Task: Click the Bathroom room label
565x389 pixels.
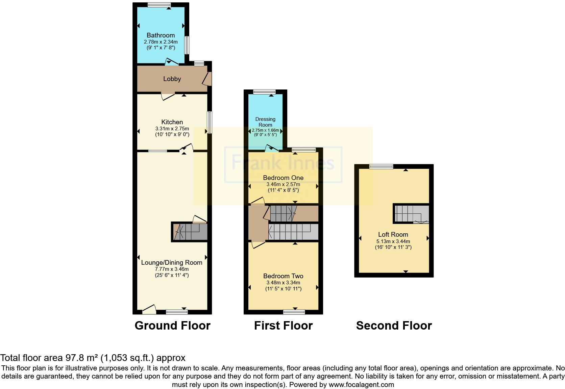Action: pos(161,35)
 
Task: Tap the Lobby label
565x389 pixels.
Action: pos(172,79)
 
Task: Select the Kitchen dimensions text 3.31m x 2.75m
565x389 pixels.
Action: pos(172,128)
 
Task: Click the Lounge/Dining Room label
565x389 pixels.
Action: pos(172,262)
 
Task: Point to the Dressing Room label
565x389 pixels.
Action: pos(265,122)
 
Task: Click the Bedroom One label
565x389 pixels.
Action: pos(283,178)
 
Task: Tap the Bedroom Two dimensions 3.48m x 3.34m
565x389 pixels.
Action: pos(283,283)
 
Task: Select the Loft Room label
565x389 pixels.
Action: pos(393,234)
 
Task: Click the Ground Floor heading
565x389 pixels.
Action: pos(172,326)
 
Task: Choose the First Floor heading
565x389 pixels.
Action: pos(283,326)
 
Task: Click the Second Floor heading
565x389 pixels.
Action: pos(394,326)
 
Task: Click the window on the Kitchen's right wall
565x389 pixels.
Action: pos(210,123)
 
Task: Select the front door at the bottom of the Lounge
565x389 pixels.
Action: pos(149,309)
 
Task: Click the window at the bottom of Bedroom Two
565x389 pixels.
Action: pos(294,312)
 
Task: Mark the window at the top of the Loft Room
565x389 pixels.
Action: pos(381,166)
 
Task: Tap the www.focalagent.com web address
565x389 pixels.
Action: pos(361,385)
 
